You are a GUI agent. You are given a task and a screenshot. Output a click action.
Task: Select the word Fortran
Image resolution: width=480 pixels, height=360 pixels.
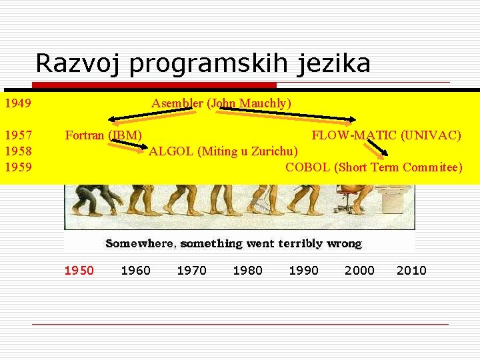[x=85, y=135]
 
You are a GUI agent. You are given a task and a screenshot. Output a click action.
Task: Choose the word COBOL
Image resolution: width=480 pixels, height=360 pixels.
[x=308, y=167]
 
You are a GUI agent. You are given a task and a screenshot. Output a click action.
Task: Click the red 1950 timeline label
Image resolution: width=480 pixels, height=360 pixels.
[x=79, y=270]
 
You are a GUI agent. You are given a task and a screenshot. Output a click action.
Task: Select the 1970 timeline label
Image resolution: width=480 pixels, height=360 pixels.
[x=191, y=270]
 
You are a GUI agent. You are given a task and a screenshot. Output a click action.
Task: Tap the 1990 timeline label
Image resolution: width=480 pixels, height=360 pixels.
[x=303, y=270]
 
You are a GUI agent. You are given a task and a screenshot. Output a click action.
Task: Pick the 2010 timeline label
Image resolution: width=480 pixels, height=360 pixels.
[x=411, y=270]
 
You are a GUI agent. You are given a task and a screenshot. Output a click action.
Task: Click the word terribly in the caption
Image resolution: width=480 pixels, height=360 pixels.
[x=298, y=244]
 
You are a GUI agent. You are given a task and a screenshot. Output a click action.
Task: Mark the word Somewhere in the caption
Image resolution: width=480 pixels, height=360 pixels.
[x=139, y=244]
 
